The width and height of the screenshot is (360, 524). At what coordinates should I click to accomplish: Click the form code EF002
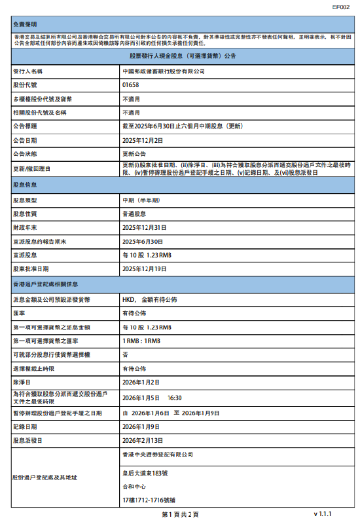[x=340, y=7]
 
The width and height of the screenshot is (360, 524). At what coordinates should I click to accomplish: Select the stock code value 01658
[x=130, y=85]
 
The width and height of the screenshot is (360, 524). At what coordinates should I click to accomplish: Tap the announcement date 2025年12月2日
[x=143, y=140]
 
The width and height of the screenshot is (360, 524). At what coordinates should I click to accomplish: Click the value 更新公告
[x=135, y=154]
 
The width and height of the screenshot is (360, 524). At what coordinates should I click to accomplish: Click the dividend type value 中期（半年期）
[x=141, y=200]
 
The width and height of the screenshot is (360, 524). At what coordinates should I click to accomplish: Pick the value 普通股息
[x=135, y=214]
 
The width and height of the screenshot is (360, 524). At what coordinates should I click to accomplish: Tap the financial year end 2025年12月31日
[x=145, y=227]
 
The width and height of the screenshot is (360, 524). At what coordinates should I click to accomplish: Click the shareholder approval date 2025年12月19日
[x=145, y=269]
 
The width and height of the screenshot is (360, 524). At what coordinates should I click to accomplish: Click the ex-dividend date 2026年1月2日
[x=141, y=381]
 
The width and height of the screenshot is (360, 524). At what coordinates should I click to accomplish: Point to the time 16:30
[x=175, y=397]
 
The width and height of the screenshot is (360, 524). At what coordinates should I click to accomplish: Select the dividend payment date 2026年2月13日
[x=143, y=441]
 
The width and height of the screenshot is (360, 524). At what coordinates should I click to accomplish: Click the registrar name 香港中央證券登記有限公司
[x=158, y=454]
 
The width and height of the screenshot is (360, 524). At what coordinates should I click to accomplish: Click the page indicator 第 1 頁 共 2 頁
[x=179, y=515]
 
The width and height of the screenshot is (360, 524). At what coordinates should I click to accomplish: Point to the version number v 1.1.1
[x=323, y=515]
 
